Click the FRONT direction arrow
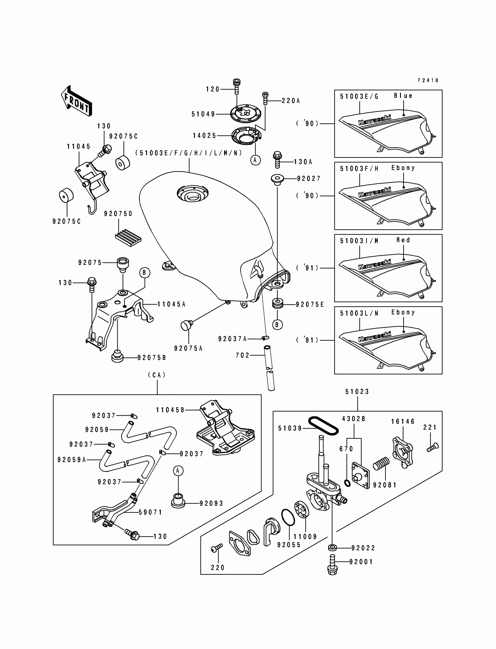pos(76,101)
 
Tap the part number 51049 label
pos(203,114)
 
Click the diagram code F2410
pos(428,80)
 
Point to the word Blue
pos(403,96)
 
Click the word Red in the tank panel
pos(403,240)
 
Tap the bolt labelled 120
pos(237,86)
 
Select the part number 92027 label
pos(309,178)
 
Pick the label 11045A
pos(172,304)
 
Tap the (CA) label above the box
pos(157,375)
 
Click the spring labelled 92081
pos(381,464)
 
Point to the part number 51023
pos(357,392)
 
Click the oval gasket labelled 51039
pos(323,426)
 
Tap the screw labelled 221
pos(433,447)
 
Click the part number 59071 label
pos(151,512)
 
